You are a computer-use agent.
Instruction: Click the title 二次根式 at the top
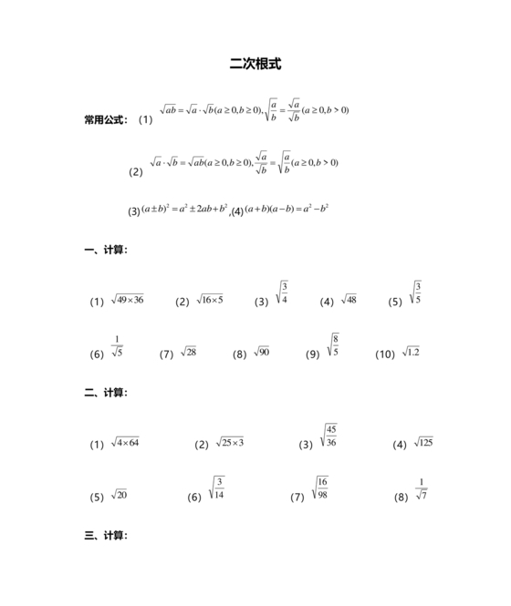pyautogui.click(x=255, y=65)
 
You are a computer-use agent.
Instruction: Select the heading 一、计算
pyautogui.click(x=106, y=249)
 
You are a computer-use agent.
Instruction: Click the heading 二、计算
pyautogui.click(x=106, y=393)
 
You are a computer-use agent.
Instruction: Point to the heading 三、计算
pyautogui.click(x=106, y=536)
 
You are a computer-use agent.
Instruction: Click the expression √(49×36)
pyautogui.click(x=127, y=300)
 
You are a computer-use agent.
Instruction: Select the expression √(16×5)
pyautogui.click(x=210, y=300)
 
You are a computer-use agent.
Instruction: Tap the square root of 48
pyautogui.click(x=349, y=300)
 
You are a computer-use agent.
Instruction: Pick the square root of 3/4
pyautogui.click(x=282, y=293)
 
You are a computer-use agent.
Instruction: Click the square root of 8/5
pyautogui.click(x=333, y=345)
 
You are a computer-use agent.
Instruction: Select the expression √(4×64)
pyautogui.click(x=125, y=443)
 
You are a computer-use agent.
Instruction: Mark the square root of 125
pyautogui.click(x=423, y=443)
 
